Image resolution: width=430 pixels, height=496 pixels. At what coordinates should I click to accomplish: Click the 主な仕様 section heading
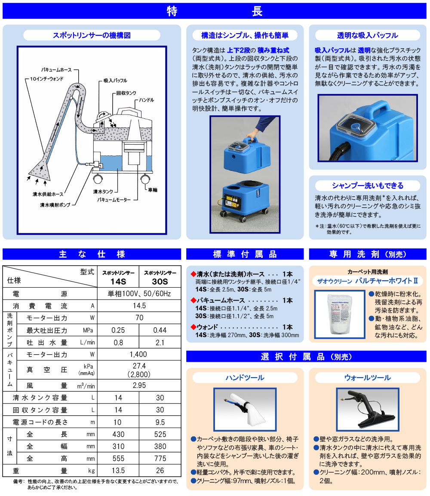(x=92, y=254)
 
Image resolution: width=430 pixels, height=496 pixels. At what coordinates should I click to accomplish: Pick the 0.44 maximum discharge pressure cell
(x=160, y=330)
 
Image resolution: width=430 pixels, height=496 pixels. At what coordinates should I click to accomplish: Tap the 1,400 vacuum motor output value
(x=138, y=354)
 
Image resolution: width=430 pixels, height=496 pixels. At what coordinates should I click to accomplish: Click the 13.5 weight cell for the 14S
(x=118, y=471)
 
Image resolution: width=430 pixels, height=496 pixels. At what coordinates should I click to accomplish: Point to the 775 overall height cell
(x=160, y=459)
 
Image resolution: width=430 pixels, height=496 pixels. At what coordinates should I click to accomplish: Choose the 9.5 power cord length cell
(x=160, y=422)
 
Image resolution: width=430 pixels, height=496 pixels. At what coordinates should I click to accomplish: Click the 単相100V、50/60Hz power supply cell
(x=138, y=294)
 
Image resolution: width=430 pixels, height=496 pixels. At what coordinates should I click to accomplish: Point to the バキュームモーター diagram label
(x=113, y=200)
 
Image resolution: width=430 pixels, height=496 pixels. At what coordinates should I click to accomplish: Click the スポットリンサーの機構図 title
(x=92, y=35)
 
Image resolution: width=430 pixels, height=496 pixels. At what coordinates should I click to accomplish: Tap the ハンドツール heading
(x=245, y=378)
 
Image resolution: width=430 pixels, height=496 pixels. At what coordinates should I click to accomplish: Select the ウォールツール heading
(x=368, y=378)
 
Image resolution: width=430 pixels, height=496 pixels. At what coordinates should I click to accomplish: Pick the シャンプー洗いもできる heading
(x=368, y=186)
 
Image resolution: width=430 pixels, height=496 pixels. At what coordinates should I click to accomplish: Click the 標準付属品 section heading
(x=245, y=254)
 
